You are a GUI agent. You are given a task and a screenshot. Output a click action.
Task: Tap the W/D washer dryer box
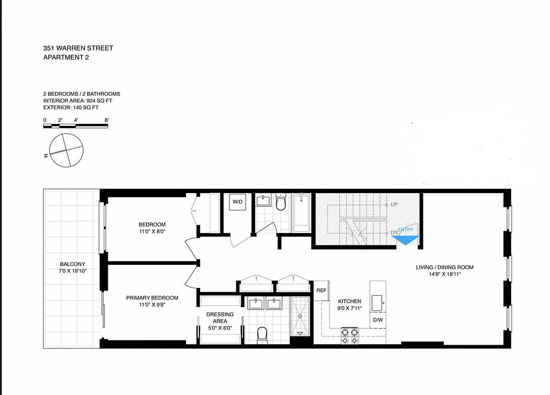(x=238, y=202)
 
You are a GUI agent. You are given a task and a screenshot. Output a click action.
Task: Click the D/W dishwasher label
(x=377, y=320)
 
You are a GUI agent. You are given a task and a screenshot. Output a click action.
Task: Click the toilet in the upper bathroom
(x=281, y=203)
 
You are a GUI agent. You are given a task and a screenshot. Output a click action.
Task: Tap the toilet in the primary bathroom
(x=263, y=334)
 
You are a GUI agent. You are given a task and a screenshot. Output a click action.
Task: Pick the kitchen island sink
(x=377, y=301)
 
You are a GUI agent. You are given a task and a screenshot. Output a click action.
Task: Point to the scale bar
(x=76, y=126)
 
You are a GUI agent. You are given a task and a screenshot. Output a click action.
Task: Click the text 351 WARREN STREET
(x=78, y=48)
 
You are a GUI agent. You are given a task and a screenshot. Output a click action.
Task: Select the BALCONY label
(x=73, y=264)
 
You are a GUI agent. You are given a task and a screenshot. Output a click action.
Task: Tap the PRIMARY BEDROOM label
(x=152, y=298)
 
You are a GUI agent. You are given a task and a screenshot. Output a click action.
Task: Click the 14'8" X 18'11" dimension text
(x=444, y=276)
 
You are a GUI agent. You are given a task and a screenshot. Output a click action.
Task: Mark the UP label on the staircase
(x=394, y=204)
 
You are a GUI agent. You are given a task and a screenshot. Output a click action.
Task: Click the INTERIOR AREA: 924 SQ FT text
(x=77, y=100)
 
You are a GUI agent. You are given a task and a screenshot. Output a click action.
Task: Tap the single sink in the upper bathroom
(x=263, y=201)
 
